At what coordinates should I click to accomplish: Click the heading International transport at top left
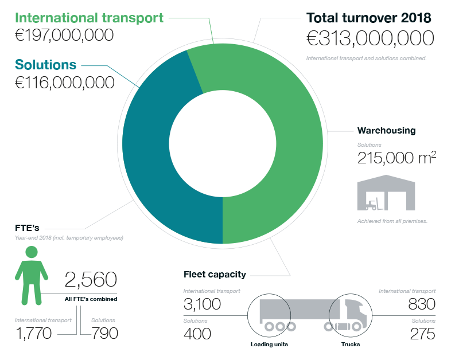coord(89,17)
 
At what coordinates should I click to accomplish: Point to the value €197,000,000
coord(64,36)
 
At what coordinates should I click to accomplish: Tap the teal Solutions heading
coord(45,64)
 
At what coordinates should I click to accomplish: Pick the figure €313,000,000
coord(369,39)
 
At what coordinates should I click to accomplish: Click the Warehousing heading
coord(386,130)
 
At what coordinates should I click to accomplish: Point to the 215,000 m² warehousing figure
coord(395,157)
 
